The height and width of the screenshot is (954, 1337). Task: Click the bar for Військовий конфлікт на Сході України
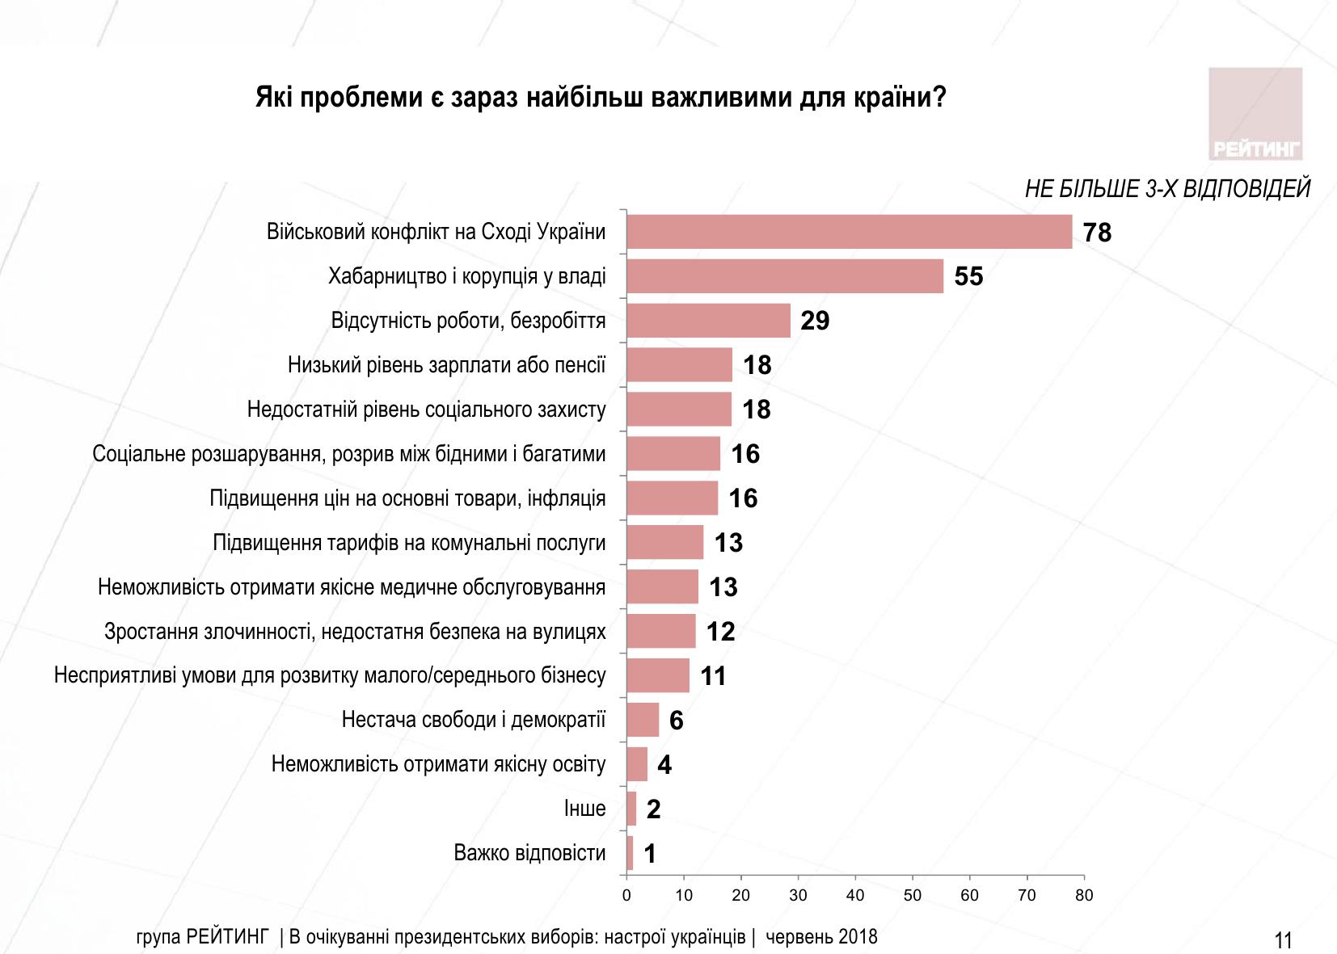click(x=849, y=232)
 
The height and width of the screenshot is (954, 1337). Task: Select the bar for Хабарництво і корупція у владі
click(x=784, y=276)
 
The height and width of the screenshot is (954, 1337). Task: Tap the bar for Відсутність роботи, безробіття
click(x=708, y=321)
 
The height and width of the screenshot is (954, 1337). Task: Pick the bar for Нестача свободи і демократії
click(x=643, y=720)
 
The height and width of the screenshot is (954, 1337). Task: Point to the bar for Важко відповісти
click(x=630, y=853)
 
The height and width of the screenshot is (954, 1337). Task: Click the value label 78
click(x=1097, y=233)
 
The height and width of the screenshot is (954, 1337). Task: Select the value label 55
click(x=968, y=277)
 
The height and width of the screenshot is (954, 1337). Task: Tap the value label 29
click(x=815, y=322)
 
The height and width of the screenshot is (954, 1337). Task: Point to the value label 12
click(x=720, y=632)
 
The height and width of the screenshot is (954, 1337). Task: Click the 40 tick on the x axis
click(x=855, y=895)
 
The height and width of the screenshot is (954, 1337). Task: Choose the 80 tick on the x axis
click(x=1084, y=895)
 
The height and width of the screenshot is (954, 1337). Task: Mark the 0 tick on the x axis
click(x=626, y=895)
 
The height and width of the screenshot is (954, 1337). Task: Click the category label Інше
click(x=584, y=809)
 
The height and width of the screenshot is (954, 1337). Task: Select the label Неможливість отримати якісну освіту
click(x=438, y=764)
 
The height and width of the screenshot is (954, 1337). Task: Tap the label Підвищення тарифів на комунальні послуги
click(x=409, y=543)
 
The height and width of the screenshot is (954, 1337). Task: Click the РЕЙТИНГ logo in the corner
click(x=1255, y=114)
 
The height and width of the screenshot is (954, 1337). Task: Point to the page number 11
click(x=1283, y=939)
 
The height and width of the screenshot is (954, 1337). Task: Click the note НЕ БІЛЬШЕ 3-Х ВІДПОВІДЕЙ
click(x=1167, y=190)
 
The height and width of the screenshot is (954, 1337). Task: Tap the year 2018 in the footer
click(x=858, y=937)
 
